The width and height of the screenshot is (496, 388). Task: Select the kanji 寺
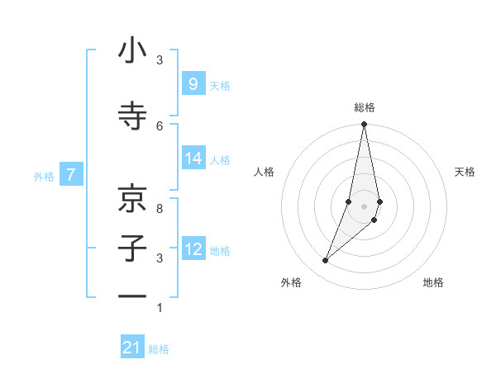pyautogui.click(x=132, y=116)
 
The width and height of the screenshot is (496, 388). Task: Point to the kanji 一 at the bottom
pyautogui.click(x=132, y=296)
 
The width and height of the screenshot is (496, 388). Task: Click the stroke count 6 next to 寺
pyautogui.click(x=160, y=125)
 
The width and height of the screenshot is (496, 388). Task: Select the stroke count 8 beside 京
pyautogui.click(x=160, y=209)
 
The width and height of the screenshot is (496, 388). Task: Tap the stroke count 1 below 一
pyautogui.click(x=160, y=308)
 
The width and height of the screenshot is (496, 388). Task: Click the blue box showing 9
pyautogui.click(x=193, y=83)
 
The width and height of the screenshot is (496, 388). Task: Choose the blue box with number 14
pyautogui.click(x=193, y=159)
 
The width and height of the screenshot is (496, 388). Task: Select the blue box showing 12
pyautogui.click(x=193, y=249)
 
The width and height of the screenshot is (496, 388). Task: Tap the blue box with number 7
pyautogui.click(x=71, y=175)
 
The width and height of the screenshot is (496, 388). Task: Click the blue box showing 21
pyautogui.click(x=132, y=348)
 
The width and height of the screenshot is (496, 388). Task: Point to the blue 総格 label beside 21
pyautogui.click(x=159, y=349)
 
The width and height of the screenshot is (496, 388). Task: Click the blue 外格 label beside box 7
pyautogui.click(x=44, y=176)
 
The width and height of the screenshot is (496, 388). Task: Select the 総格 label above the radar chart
pyautogui.click(x=365, y=107)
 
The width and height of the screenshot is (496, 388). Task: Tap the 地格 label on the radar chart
pyautogui.click(x=433, y=283)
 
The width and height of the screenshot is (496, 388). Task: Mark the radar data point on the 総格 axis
pyautogui.click(x=364, y=125)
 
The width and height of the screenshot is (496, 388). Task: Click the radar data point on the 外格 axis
pyautogui.click(x=325, y=261)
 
